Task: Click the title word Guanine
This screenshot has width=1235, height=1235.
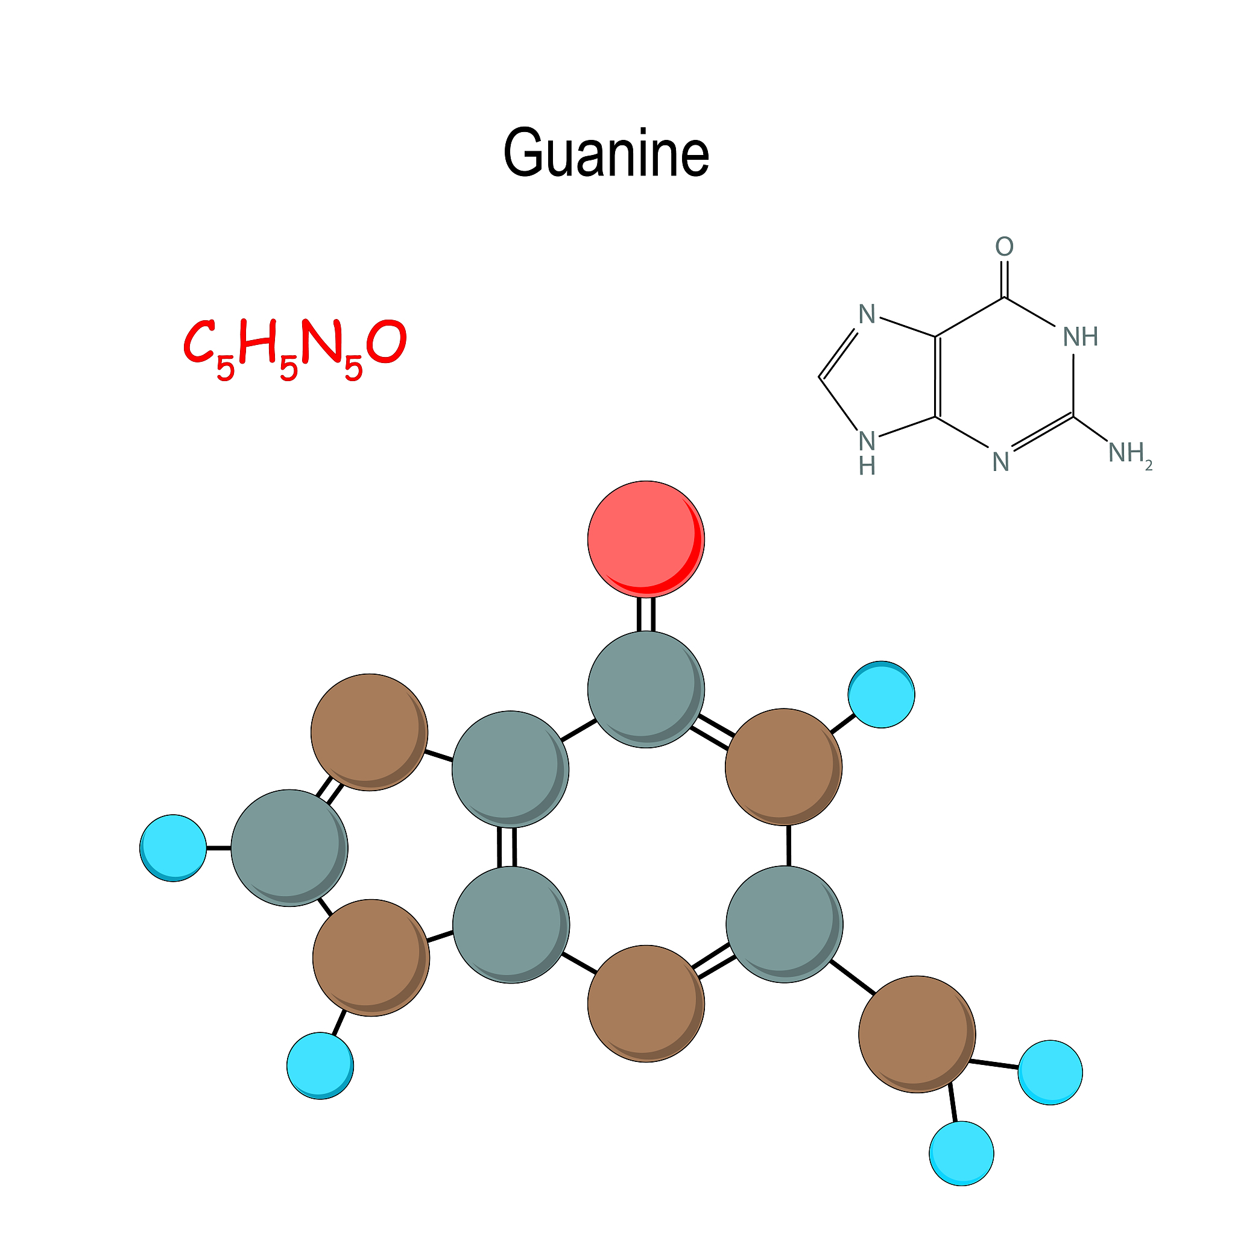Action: [x=606, y=153]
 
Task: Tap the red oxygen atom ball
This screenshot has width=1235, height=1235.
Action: [x=646, y=539]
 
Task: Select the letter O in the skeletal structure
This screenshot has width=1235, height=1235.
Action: [x=1004, y=247]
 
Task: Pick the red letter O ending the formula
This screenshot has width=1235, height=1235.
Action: [x=387, y=343]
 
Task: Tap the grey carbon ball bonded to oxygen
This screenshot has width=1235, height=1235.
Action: [x=646, y=689]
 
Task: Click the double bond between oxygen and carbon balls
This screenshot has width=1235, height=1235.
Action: [x=646, y=614]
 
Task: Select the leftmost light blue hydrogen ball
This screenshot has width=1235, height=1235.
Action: [x=173, y=848]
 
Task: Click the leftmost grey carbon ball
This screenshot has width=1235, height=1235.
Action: [x=289, y=848]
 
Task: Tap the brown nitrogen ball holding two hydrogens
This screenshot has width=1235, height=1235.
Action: [x=917, y=1034]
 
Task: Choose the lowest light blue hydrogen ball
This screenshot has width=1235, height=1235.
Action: [x=961, y=1153]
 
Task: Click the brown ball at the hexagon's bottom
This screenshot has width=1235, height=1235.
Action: [x=646, y=1003]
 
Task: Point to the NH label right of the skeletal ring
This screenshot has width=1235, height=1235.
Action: [x=1080, y=337]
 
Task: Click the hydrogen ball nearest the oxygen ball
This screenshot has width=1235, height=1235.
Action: [x=881, y=694]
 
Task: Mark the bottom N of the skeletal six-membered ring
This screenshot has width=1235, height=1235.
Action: [x=1000, y=462]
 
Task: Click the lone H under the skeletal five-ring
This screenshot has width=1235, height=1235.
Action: [x=867, y=467]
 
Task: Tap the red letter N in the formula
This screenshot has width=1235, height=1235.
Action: [x=323, y=341]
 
